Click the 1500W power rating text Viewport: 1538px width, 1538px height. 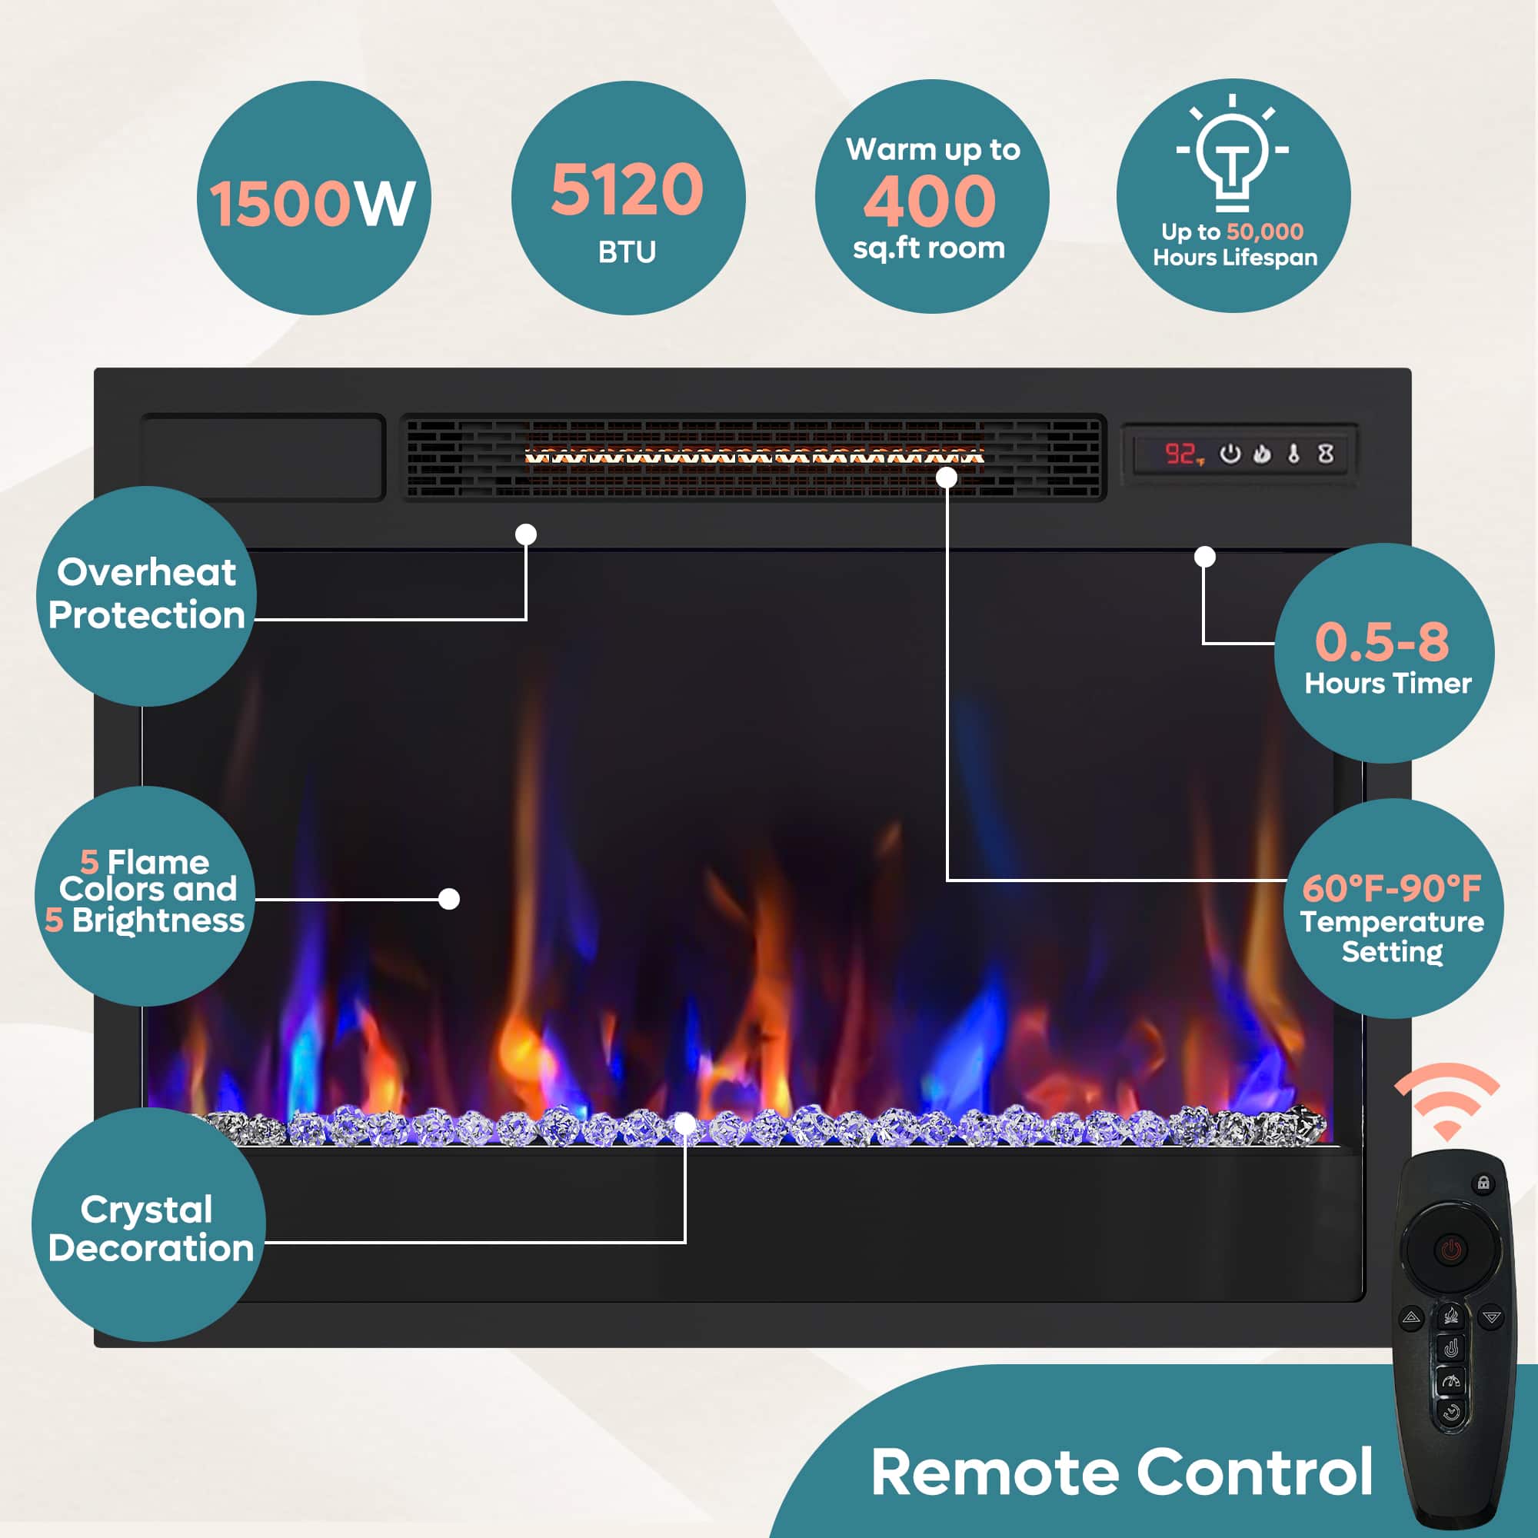click(313, 204)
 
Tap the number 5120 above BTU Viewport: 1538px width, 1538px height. click(628, 188)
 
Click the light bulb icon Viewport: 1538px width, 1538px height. click(1232, 152)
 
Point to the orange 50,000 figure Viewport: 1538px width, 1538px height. click(1265, 231)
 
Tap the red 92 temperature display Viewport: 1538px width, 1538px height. click(1180, 454)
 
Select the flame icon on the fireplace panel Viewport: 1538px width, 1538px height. click(1262, 454)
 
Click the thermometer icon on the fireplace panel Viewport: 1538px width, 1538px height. click(1293, 454)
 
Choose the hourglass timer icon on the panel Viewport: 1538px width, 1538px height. click(1326, 454)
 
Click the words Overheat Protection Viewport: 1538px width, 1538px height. click(146, 594)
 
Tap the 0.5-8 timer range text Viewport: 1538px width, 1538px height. click(1382, 641)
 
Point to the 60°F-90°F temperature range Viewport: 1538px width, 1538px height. click(1392, 887)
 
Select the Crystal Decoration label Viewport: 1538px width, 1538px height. click(151, 1229)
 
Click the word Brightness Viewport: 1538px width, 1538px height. click(158, 920)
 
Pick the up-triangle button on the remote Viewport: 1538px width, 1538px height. click(1411, 1317)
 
